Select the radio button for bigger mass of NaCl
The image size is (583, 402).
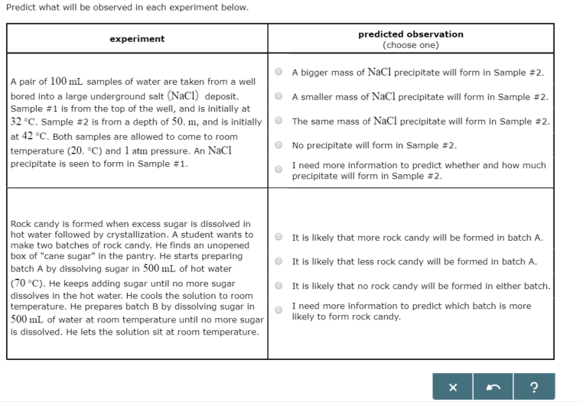tap(279, 73)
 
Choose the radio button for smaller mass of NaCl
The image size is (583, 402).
tap(279, 97)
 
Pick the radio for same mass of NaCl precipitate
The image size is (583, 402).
tap(279, 122)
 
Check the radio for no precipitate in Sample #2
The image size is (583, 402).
tap(279, 145)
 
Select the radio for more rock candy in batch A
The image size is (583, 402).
tap(279, 238)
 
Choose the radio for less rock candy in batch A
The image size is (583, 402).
tap(279, 261)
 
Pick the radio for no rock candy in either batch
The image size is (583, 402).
tap(279, 286)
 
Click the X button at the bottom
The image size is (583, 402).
tap(452, 387)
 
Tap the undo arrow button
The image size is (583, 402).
tap(493, 387)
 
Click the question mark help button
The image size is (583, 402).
tap(534, 387)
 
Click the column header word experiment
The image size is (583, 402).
tap(137, 39)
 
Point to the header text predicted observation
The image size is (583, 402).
tap(410, 34)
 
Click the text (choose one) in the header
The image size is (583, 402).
tap(411, 45)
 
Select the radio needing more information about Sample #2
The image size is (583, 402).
tap(279, 170)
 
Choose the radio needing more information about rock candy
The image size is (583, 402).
tap(279, 310)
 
